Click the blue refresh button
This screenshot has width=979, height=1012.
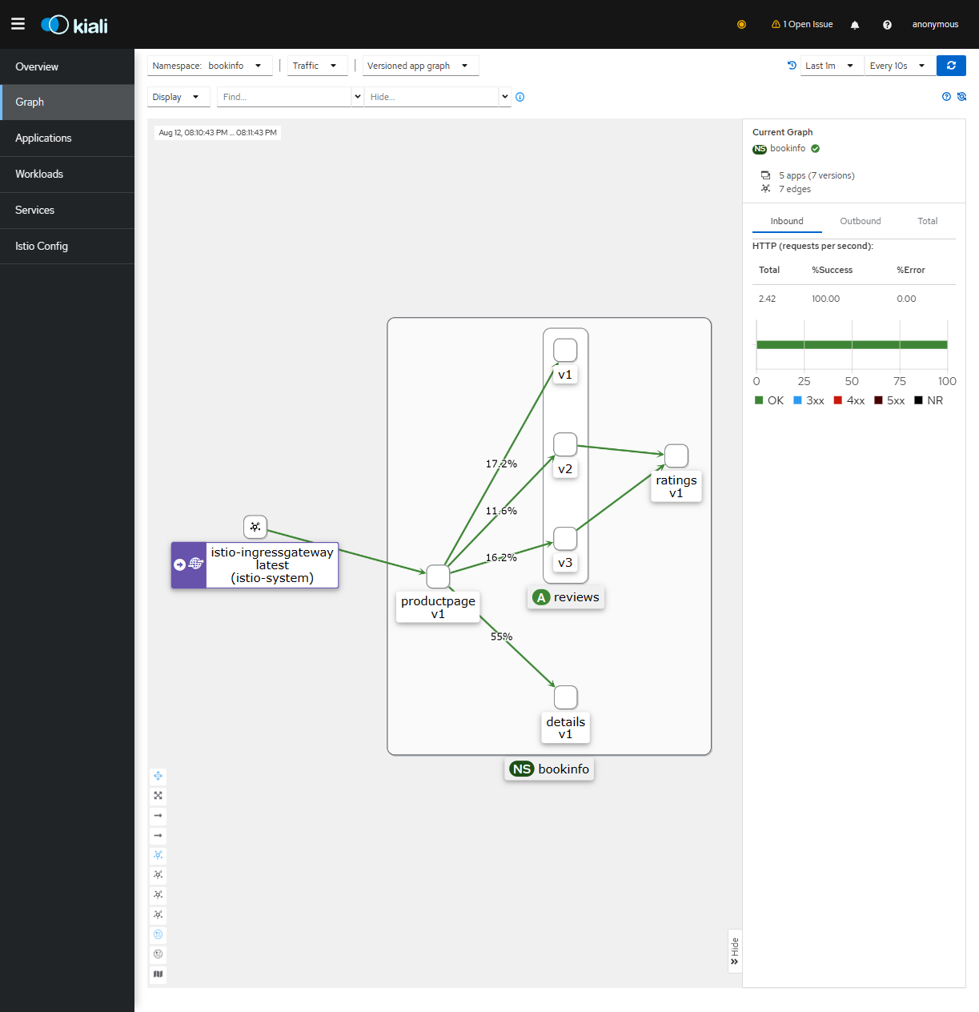click(x=951, y=66)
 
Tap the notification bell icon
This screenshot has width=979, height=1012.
click(x=855, y=25)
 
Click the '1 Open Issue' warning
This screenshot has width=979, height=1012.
click(x=802, y=25)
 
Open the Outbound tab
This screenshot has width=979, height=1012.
click(x=860, y=221)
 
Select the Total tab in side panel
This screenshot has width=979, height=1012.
click(x=927, y=221)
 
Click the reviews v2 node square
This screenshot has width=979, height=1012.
click(x=565, y=444)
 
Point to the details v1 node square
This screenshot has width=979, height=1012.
click(x=565, y=697)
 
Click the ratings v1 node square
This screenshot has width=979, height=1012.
click(x=676, y=456)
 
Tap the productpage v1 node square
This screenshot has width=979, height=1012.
click(x=438, y=576)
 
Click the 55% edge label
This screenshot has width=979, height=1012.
click(x=501, y=636)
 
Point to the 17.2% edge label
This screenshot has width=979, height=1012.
click(x=501, y=464)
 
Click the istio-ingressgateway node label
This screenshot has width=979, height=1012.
click(x=272, y=564)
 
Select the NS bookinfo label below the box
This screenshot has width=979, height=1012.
click(x=549, y=769)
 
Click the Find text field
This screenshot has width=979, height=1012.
click(x=284, y=97)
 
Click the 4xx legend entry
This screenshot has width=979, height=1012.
click(x=849, y=400)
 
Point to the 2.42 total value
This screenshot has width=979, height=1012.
click(x=767, y=299)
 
